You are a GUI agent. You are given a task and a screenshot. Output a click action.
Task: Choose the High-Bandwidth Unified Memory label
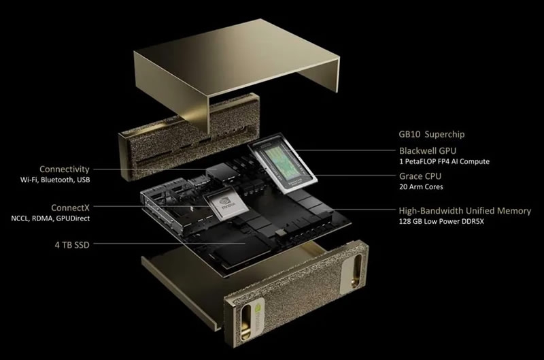(464, 211)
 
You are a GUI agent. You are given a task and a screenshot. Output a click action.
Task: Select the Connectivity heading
(64, 169)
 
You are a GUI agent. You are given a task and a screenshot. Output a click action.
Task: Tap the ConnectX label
(70, 207)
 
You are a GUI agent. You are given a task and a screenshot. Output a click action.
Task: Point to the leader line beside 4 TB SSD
(170, 243)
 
